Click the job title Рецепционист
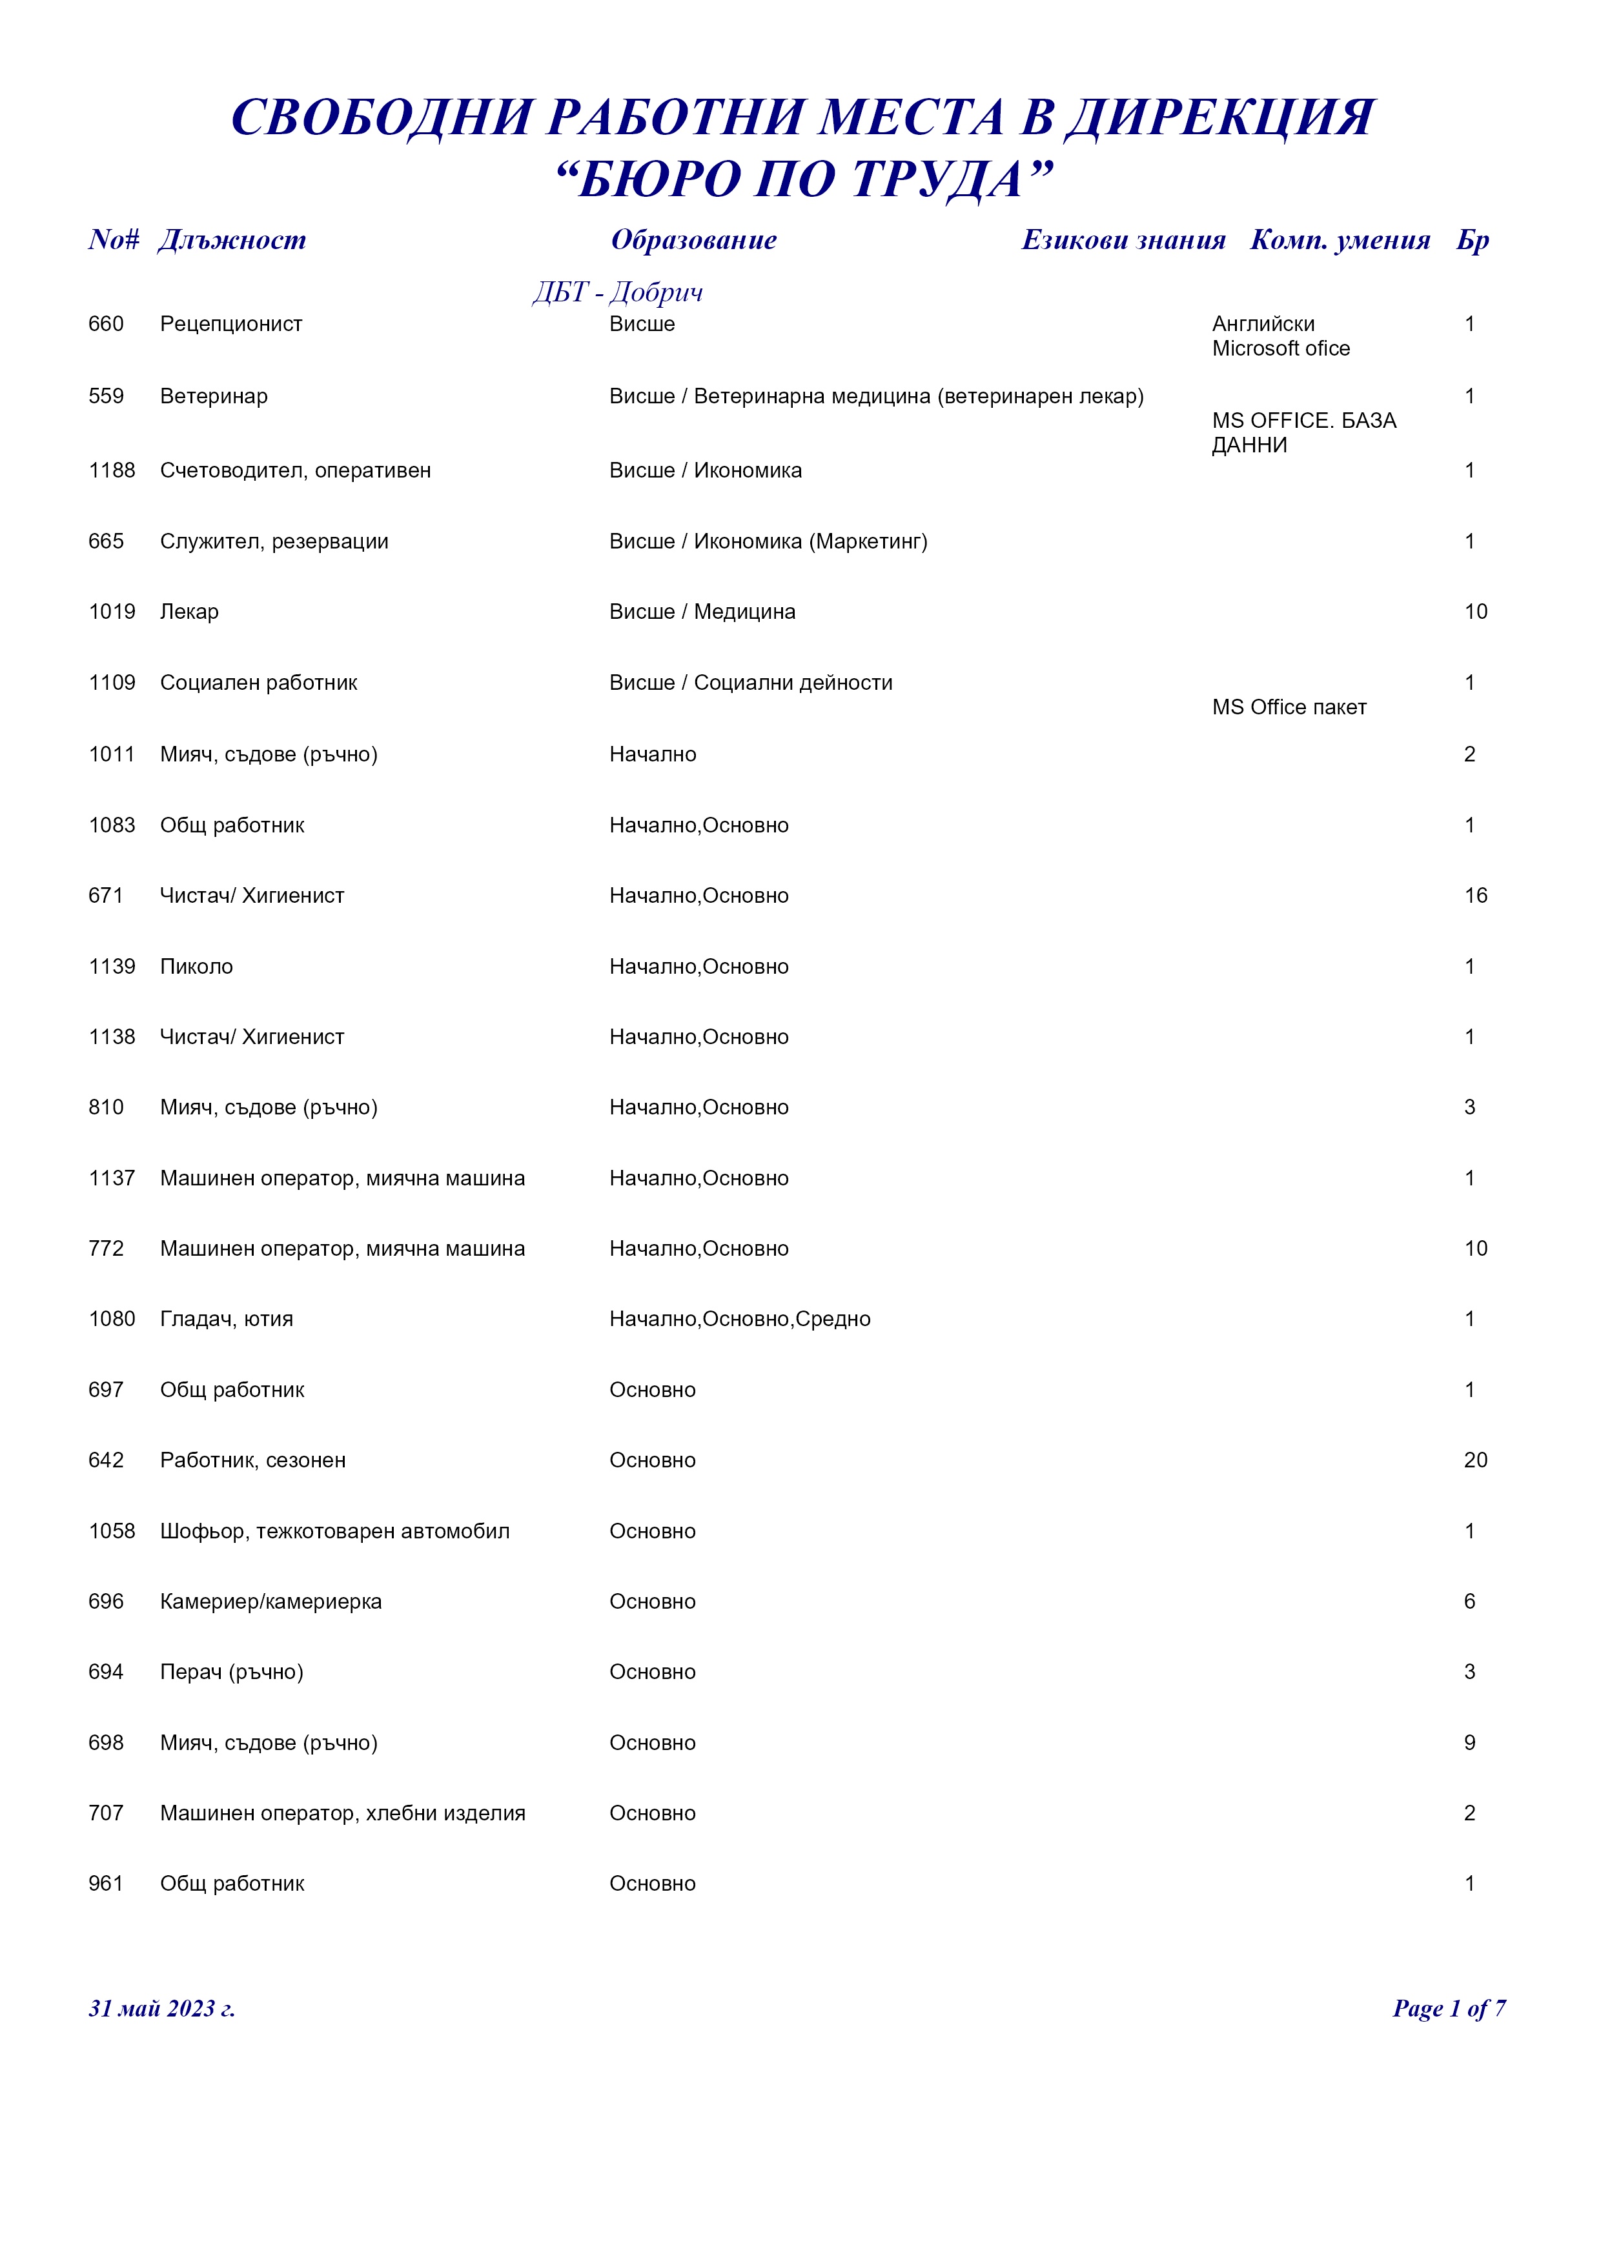(230, 325)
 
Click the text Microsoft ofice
(1281, 349)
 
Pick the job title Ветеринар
(213, 396)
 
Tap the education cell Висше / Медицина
(702, 612)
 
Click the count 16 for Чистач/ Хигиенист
(1475, 896)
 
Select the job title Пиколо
(196, 967)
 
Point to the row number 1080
(112, 1320)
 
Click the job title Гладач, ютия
(226, 1320)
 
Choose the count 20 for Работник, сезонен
(1475, 1461)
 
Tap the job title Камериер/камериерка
(270, 1602)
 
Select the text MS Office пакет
(1289, 708)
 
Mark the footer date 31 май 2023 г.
(161, 2009)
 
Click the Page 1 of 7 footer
(1448, 2009)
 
